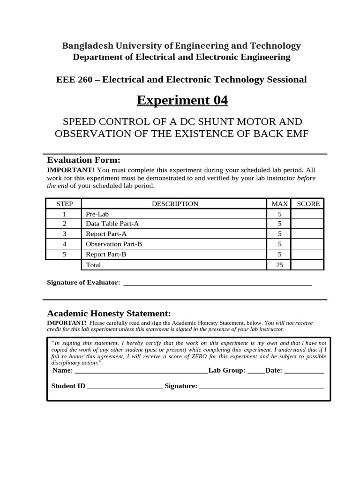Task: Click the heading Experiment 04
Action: tap(182, 100)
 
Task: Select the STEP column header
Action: tap(64, 204)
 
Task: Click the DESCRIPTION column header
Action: tap(175, 204)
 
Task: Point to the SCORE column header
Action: tap(308, 204)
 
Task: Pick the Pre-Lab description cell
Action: tap(97, 214)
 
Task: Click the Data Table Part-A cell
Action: tap(112, 224)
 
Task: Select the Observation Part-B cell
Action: tap(114, 244)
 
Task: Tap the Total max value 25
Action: tap(279, 265)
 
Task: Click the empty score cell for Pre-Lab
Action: tap(307, 214)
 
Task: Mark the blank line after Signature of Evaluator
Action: tap(217, 284)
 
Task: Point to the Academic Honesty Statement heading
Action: tap(109, 314)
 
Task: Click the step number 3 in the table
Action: tap(64, 234)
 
